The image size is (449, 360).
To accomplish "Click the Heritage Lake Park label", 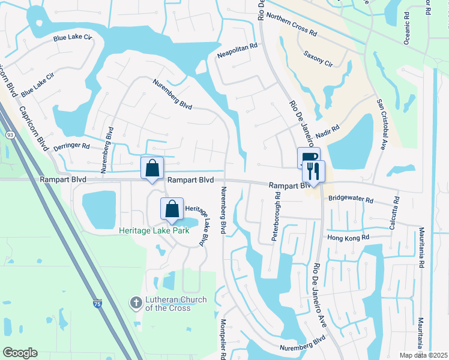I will pyautogui.click(x=159, y=230).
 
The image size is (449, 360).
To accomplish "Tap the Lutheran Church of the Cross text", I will pyautogui.click(x=167, y=304).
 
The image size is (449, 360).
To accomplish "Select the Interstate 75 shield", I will pyautogui.click(x=98, y=305).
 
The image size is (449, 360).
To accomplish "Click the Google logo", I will pyautogui.click(x=20, y=353).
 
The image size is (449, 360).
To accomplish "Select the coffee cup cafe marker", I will pyautogui.click(x=308, y=158).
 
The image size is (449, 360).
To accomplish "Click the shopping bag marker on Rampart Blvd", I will pyautogui.click(x=152, y=169).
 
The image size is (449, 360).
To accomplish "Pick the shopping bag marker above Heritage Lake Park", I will pyautogui.click(x=172, y=209).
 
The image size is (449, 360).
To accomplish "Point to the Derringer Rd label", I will pyautogui.click(x=71, y=146).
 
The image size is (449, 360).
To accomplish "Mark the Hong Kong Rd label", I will pyautogui.click(x=348, y=238).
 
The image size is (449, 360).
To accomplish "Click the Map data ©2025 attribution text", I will pyautogui.click(x=423, y=355).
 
